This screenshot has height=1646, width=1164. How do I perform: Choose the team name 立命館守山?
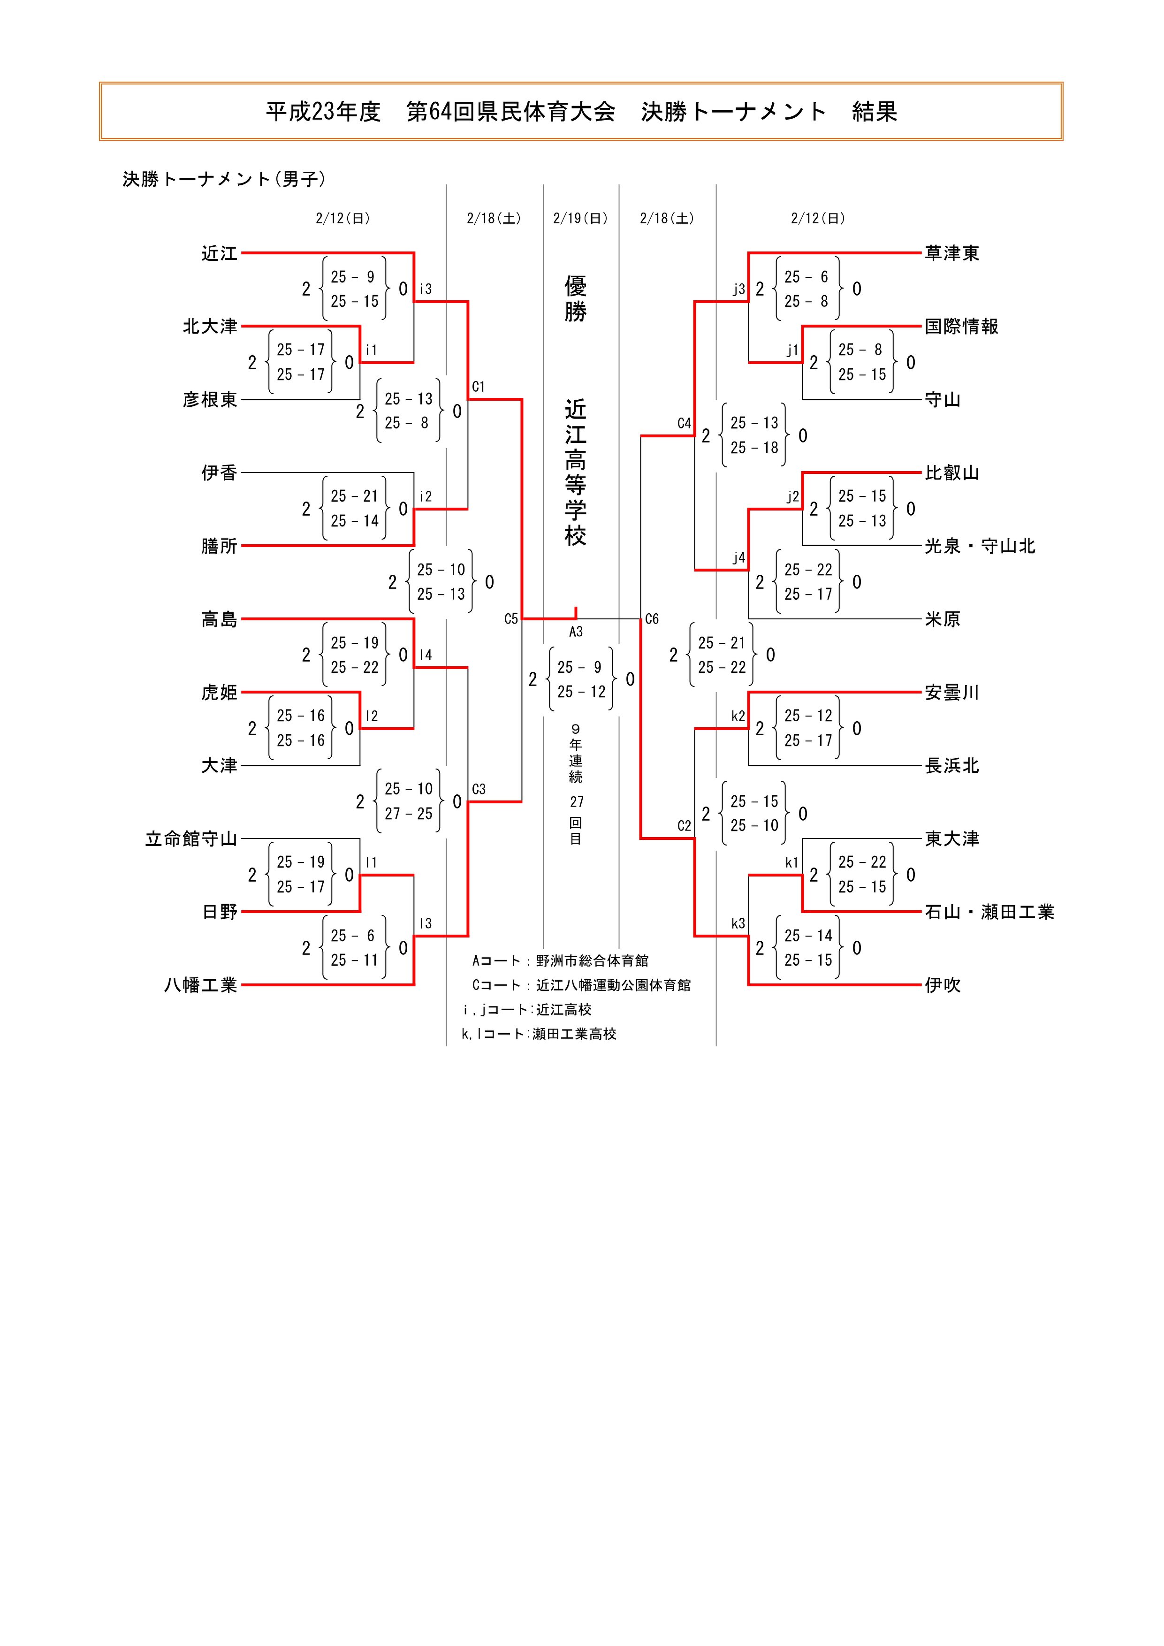190,839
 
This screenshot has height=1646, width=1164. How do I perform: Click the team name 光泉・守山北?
980,546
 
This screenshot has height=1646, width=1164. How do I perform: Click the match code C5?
510,619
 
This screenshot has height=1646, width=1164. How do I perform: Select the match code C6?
652,619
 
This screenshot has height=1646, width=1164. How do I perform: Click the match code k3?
738,924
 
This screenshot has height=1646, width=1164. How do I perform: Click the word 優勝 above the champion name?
576,299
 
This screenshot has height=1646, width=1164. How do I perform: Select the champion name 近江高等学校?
576,472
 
